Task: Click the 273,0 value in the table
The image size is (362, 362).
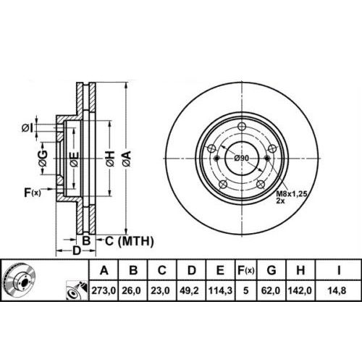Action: point(104,290)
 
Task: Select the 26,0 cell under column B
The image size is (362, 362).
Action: point(132,290)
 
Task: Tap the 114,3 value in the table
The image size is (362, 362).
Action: point(220,290)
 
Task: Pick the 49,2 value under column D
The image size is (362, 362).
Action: point(189,290)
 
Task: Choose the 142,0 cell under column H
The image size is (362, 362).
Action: point(300,290)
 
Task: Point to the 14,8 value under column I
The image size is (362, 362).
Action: point(337,290)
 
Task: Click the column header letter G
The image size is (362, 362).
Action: point(271,270)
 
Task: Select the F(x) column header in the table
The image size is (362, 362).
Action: point(245,270)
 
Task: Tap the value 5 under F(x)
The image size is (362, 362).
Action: point(245,290)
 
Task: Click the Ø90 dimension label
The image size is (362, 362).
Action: point(242,158)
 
